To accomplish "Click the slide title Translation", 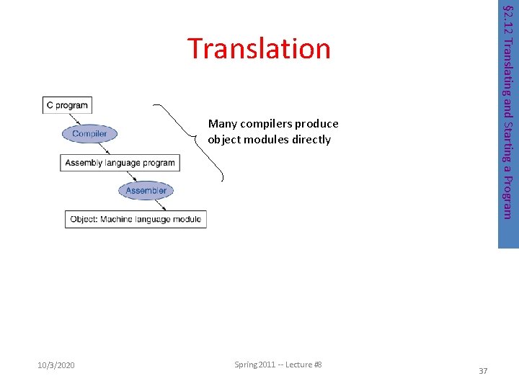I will [x=259, y=48].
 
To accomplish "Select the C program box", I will [x=67, y=105].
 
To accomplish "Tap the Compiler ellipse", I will [x=89, y=133].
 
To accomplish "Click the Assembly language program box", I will [x=120, y=163].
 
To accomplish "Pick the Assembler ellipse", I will [x=146, y=191].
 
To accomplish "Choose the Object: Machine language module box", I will [x=136, y=219].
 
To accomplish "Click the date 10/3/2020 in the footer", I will [x=56, y=366].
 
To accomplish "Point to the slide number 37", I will [x=484, y=371].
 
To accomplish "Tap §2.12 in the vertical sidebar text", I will [x=507, y=18].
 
